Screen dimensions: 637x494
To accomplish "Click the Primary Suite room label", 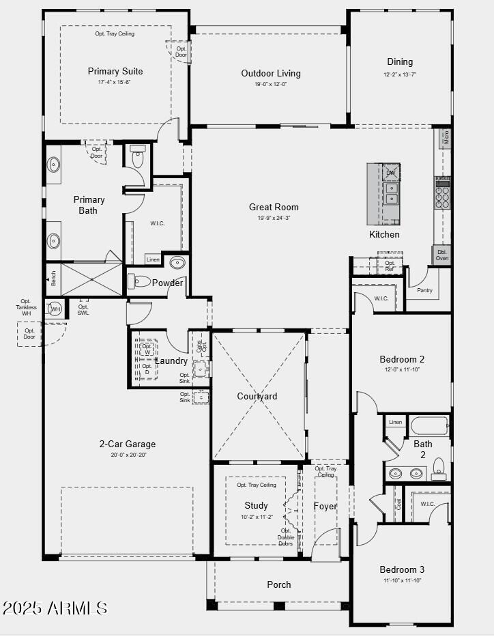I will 115,71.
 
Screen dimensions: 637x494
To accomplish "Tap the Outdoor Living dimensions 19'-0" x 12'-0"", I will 271,85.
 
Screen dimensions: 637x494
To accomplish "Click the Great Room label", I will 274,207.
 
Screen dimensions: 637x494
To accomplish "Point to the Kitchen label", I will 384,234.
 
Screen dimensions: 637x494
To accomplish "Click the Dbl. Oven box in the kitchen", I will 442,254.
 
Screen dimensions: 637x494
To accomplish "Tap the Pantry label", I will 424,290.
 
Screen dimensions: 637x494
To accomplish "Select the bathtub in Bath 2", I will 428,425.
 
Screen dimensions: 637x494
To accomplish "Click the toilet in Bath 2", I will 439,467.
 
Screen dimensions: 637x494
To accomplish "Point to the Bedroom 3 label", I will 402,569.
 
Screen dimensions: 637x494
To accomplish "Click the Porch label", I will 278,584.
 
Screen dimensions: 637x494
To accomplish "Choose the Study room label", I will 257,506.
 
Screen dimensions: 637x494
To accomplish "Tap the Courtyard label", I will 257,397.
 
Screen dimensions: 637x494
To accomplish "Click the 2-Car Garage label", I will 128,444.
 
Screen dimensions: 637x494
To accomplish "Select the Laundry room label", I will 171,360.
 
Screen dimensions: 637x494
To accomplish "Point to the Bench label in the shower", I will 53,279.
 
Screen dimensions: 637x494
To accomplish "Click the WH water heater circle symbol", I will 55,309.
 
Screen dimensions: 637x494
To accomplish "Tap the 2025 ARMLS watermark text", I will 55,608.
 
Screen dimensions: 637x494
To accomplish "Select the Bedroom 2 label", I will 402,359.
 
